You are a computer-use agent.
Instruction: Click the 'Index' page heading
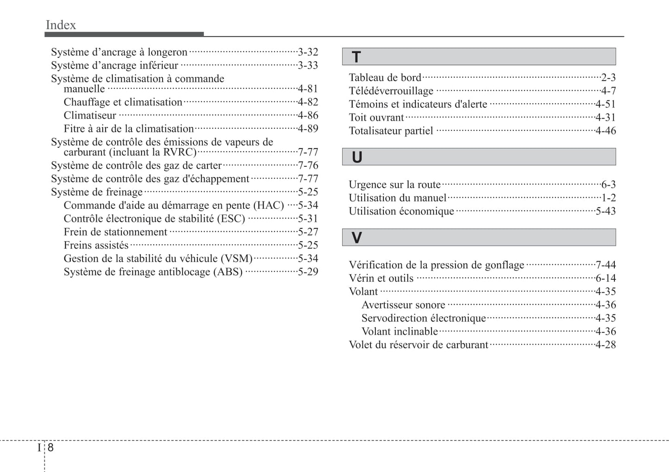tap(61, 25)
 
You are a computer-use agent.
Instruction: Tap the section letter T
tap(356, 57)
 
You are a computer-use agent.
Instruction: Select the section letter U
tap(356, 157)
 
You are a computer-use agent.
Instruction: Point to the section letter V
tap(356, 238)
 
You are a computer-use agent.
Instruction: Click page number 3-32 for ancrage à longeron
tap(308, 52)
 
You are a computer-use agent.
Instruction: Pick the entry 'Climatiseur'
tap(90, 115)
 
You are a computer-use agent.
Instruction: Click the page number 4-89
tap(308, 129)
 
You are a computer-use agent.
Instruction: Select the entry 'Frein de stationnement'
tap(115, 232)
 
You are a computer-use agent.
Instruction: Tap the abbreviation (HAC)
tap(269, 205)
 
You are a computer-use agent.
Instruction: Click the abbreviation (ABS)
tap(228, 272)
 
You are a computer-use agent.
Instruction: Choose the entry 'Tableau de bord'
tap(385, 78)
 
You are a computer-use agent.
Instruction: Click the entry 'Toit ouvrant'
tap(376, 118)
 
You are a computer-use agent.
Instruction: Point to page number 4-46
tap(606, 131)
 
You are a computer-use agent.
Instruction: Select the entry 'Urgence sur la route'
tap(394, 185)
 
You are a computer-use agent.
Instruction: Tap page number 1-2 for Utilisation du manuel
tap(608, 198)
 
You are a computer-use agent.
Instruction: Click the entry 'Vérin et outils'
tap(381, 278)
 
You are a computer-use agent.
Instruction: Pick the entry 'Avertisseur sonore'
tap(403, 305)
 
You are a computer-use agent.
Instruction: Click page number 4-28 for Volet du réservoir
tap(606, 345)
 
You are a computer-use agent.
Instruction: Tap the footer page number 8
tap(50, 447)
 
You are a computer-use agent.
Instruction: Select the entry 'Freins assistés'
tap(96, 245)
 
